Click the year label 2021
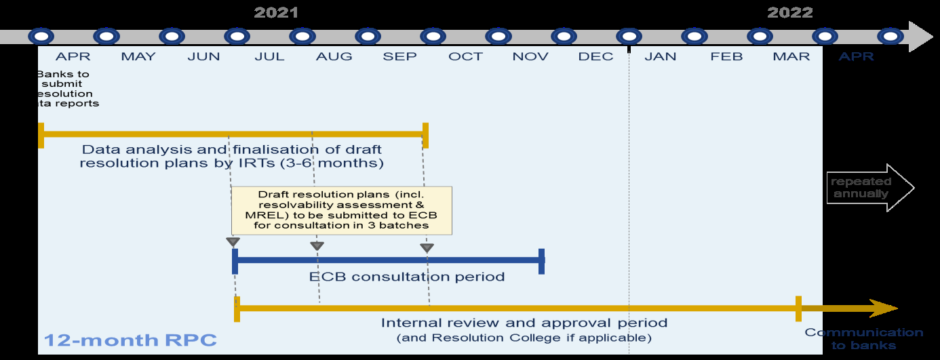pos(276,12)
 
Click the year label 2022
pos(789,12)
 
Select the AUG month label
pos(334,56)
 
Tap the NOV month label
pos(530,56)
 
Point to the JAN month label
pos(661,56)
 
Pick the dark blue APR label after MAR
pos(856,56)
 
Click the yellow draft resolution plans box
pos(341,209)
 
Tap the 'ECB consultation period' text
pos(407,277)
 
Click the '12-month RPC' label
pos(131,340)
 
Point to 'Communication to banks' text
pos(863,338)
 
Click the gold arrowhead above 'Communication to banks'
pos(884,308)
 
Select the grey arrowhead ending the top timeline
pos(920,37)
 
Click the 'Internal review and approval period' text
pos(524,323)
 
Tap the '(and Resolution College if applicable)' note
pos(524,337)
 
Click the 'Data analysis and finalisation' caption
pos(231,156)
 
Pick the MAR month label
pos(791,56)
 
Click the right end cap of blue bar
pos(541,261)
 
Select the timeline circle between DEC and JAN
pos(629,36)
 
